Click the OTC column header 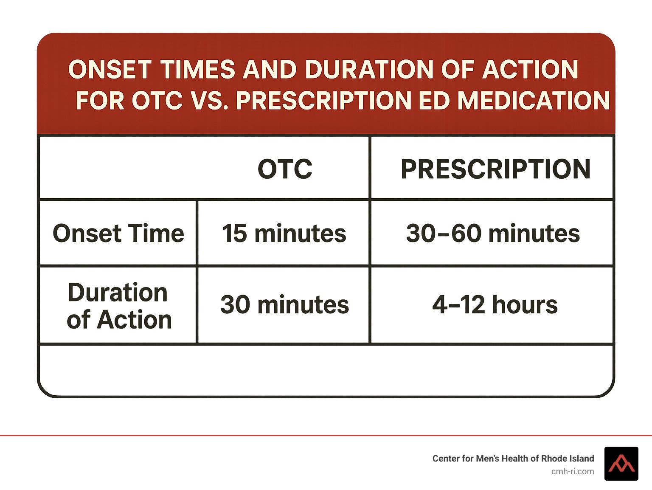click(285, 169)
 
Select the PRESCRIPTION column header click(495, 169)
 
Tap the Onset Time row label click(118, 234)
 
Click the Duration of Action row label click(118, 306)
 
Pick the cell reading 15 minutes click(284, 234)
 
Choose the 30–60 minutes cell click(493, 234)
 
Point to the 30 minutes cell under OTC click(284, 305)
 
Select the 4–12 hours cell click(495, 305)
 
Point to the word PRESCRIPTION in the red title click(323, 101)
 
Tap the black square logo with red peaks click(621, 464)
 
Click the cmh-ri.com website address click(572, 472)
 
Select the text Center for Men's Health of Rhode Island click(513, 459)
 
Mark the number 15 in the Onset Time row click(234, 234)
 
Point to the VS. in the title click(210, 101)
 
